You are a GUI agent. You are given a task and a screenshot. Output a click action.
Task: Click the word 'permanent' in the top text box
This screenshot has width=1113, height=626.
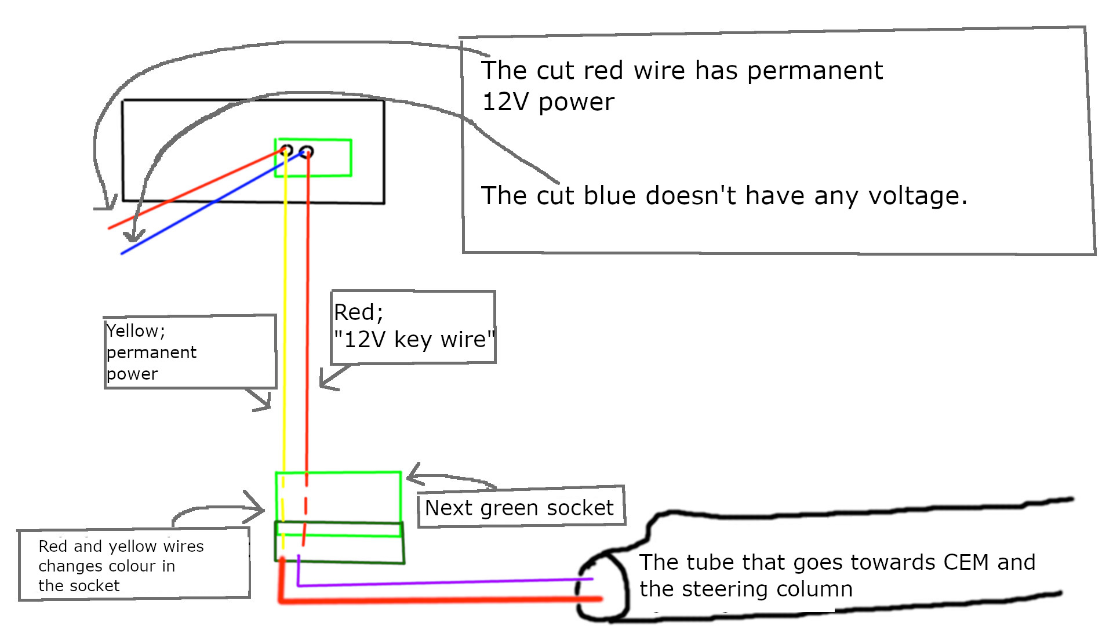814,71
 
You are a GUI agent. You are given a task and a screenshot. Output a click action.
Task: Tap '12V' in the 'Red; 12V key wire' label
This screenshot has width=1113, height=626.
365,339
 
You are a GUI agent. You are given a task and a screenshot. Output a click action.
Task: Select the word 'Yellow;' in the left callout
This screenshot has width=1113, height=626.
136,331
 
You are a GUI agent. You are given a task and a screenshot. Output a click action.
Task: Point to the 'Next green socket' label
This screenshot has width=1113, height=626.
519,508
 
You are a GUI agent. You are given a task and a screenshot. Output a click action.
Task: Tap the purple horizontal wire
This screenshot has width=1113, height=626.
441,582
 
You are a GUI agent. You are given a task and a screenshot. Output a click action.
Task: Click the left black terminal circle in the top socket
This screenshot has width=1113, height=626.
286,151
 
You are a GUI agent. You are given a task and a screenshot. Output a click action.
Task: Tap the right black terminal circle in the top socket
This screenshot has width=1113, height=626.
307,152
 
